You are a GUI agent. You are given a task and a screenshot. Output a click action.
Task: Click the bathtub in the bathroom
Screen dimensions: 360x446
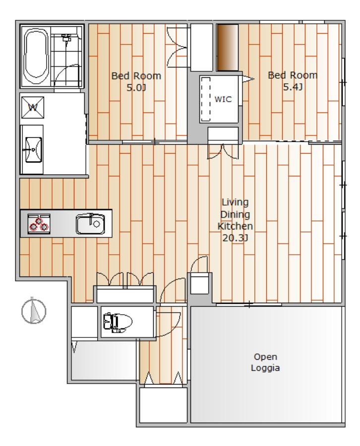36,56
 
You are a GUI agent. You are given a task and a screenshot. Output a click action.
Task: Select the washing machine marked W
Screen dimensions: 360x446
33,108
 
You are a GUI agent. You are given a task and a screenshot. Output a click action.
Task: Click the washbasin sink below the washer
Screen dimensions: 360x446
34,149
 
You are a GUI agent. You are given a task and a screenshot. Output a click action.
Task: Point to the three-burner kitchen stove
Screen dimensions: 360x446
39,224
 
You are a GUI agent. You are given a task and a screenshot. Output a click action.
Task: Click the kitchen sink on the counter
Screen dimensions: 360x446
90,224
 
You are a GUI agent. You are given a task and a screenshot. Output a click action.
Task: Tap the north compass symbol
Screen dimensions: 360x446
34,310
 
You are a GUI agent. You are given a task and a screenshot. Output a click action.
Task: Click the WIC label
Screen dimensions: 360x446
223,99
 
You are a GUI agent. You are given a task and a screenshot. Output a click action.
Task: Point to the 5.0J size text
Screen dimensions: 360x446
136,88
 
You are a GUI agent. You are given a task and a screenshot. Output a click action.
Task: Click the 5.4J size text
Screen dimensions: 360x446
293,87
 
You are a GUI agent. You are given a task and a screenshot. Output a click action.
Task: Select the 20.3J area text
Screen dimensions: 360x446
235,238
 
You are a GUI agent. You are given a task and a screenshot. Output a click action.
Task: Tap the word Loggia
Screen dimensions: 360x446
265,368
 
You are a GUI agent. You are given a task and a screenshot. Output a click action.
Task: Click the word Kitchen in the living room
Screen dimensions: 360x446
235,226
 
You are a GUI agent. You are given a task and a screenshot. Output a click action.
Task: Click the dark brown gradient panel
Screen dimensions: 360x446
228,47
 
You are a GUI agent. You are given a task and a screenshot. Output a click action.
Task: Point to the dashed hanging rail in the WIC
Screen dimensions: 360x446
205,99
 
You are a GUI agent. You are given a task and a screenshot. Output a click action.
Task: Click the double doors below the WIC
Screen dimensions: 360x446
223,152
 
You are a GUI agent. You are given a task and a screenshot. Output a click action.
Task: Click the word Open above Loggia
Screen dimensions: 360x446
265,357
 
